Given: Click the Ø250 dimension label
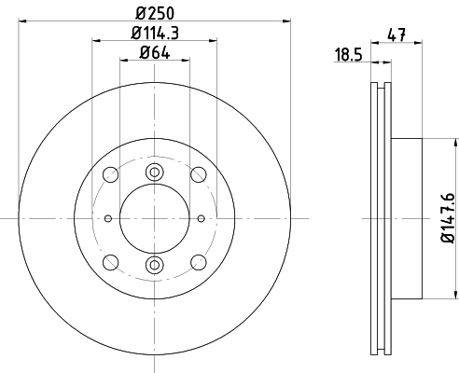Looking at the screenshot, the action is coord(155,13).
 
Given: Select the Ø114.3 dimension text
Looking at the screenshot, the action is coord(155,33).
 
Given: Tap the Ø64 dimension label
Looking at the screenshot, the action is coord(155,52).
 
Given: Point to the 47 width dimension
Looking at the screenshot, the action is coord(396,35).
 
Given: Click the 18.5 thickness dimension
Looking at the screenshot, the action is coord(349,55).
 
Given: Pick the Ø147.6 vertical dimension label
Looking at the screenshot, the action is coord(448,218).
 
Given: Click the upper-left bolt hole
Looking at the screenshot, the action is coord(110,174).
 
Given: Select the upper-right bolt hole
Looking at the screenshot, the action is coord(199,174).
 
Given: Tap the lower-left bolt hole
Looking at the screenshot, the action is coord(110,262).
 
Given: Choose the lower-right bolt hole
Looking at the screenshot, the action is coord(199,262).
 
